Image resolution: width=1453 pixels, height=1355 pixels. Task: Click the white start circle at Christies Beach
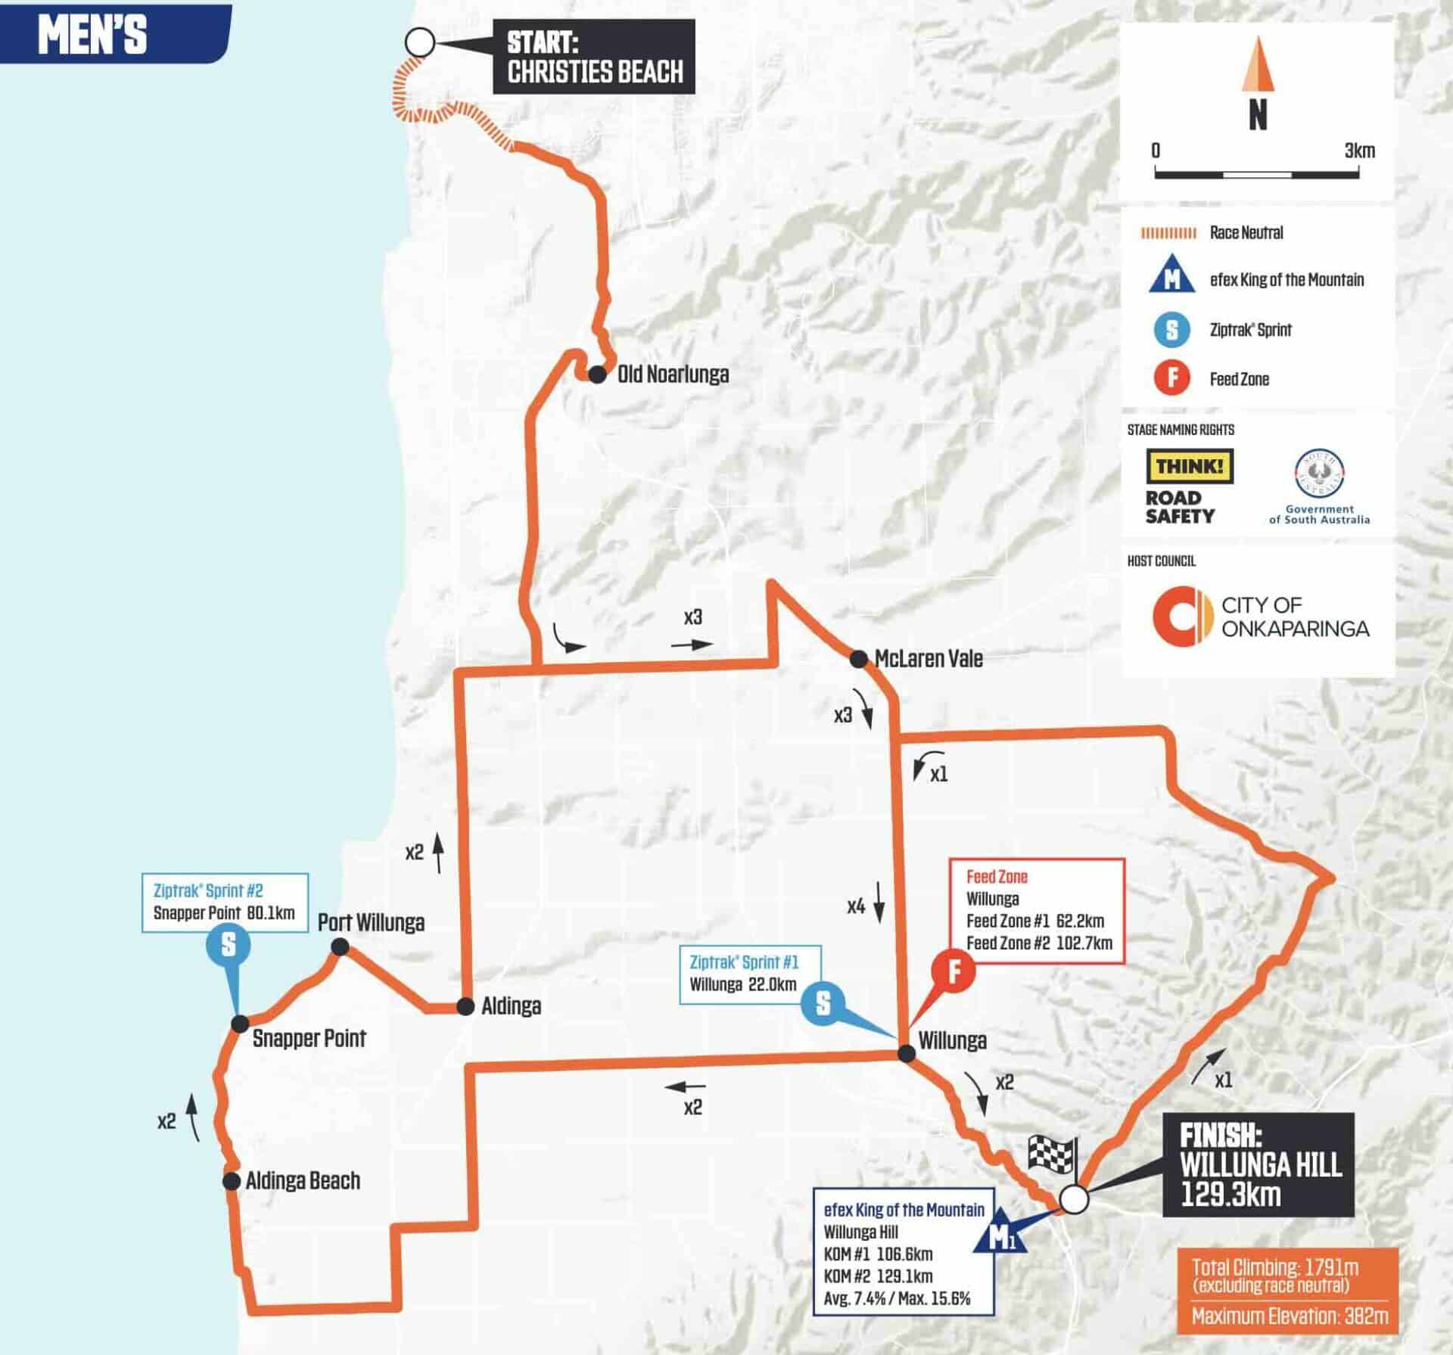tap(419, 43)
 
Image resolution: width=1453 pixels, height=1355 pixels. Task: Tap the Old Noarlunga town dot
tap(597, 374)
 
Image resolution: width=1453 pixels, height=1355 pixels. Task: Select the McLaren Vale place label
tap(929, 659)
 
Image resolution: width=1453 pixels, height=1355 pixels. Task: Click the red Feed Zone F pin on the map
tap(954, 971)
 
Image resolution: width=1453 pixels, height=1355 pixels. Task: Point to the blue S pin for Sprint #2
tap(228, 945)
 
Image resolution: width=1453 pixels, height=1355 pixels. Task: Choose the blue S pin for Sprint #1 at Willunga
tap(823, 1003)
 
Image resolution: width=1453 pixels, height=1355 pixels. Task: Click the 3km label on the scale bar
tap(1359, 151)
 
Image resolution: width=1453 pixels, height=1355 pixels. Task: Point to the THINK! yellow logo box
tap(1190, 467)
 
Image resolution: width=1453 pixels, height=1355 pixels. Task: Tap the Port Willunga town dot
tap(340, 946)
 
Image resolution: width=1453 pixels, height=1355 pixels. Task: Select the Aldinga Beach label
tap(303, 1180)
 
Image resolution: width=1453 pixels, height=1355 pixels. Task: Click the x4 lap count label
tap(856, 906)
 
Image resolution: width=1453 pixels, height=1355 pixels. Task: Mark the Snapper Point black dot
tap(239, 1024)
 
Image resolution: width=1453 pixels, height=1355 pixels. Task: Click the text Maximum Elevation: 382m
tap(1290, 1316)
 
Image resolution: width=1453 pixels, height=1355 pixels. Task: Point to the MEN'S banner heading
tap(92, 35)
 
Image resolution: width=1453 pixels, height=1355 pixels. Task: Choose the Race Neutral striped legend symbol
tap(1168, 233)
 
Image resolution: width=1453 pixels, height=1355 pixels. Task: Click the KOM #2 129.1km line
tap(878, 1276)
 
